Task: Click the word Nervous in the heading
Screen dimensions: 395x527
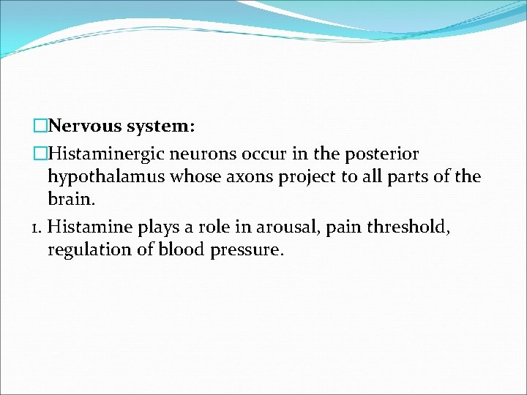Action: click(x=86, y=127)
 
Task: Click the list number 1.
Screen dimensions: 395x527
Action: click(x=37, y=227)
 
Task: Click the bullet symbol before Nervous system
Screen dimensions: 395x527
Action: click(x=40, y=127)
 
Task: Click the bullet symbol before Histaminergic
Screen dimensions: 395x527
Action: click(x=40, y=154)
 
